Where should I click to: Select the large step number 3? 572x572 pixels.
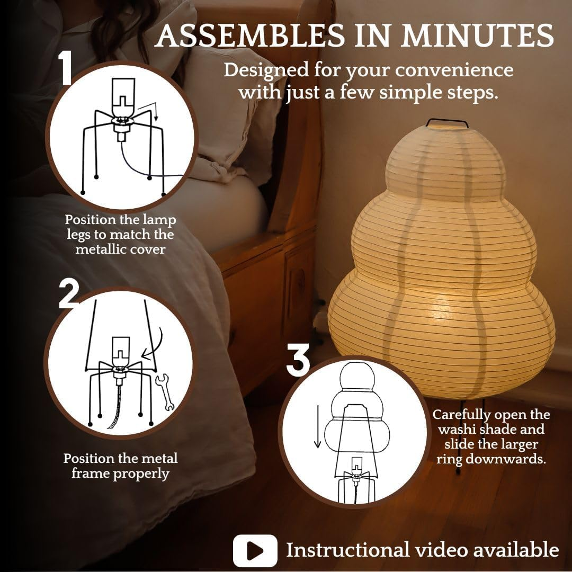tap(298, 360)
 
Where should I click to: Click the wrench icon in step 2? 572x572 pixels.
tap(165, 392)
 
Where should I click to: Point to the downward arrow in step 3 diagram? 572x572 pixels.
tap(317, 427)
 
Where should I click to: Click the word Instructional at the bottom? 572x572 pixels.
tap(347, 550)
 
